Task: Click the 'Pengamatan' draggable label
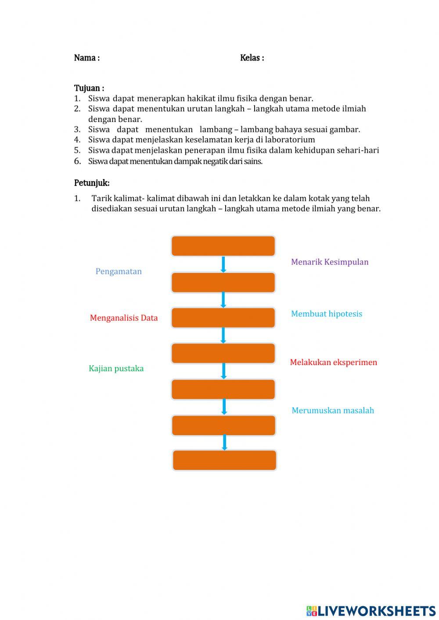(x=119, y=271)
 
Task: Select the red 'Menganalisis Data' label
(x=123, y=318)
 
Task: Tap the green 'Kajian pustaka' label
(x=116, y=368)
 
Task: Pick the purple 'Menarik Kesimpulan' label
(x=330, y=262)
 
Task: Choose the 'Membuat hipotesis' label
(x=326, y=314)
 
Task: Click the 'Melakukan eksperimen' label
(x=333, y=362)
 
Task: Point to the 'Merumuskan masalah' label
(x=333, y=410)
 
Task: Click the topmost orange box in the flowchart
(x=223, y=246)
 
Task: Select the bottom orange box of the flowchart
(x=224, y=460)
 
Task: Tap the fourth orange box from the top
(x=223, y=353)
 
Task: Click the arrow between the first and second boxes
(x=223, y=264)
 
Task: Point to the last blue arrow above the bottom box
(x=224, y=442)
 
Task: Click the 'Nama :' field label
(x=87, y=58)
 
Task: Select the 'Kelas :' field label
(x=252, y=58)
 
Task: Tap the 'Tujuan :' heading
(x=89, y=88)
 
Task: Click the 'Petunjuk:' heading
(x=92, y=183)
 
